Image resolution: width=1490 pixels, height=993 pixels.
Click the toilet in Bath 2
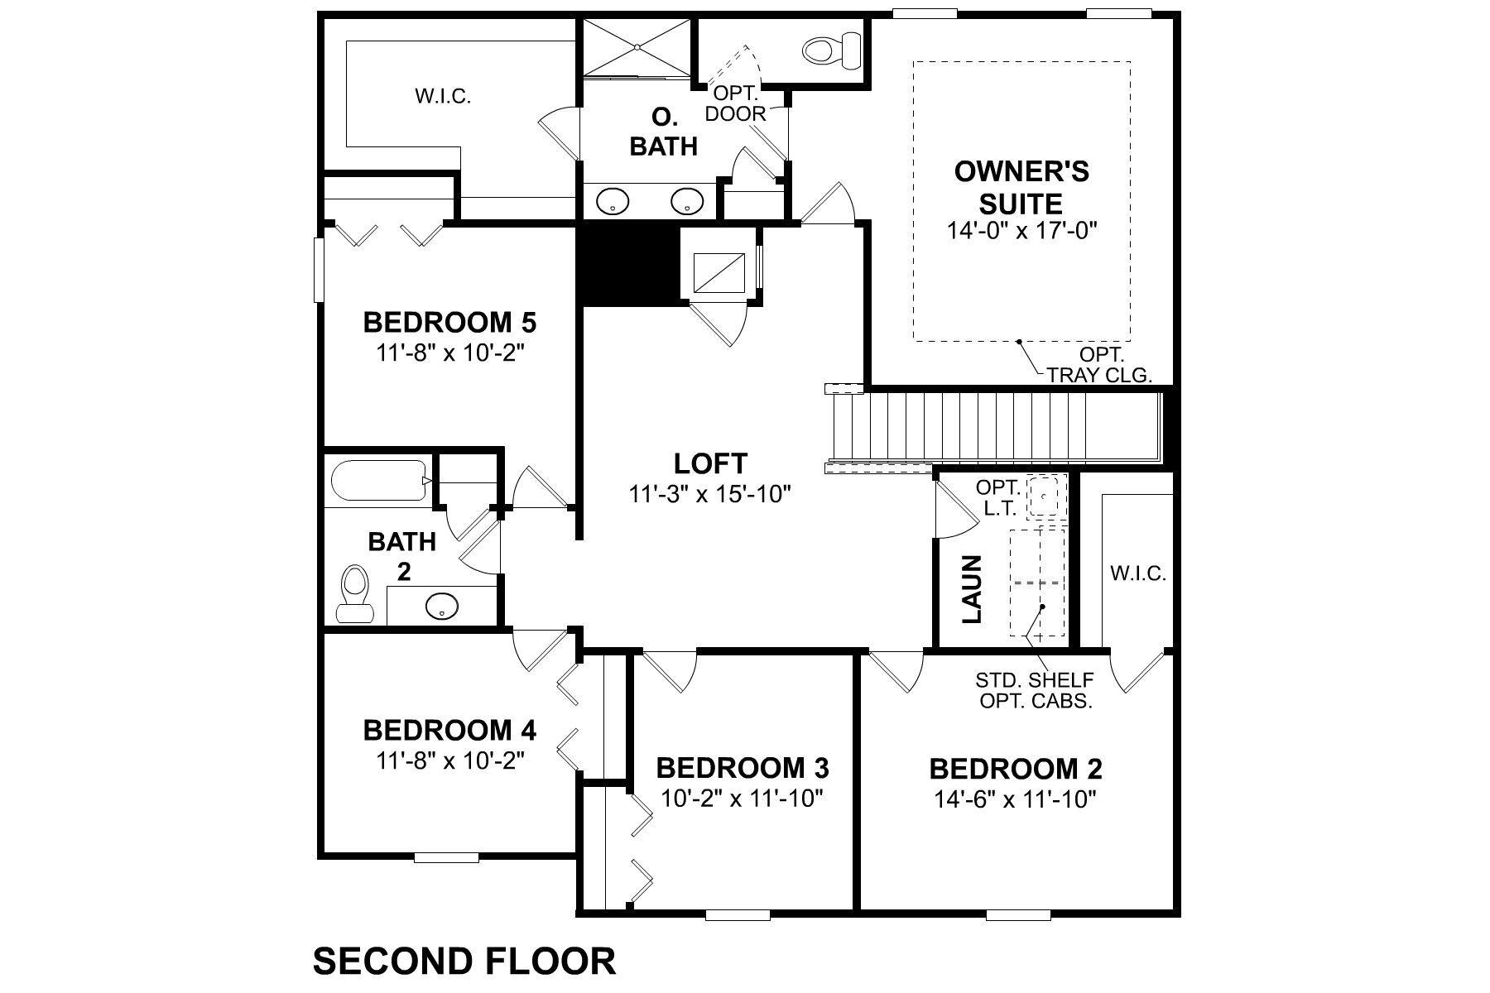[x=354, y=593]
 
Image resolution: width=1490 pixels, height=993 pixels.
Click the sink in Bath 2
[x=442, y=606]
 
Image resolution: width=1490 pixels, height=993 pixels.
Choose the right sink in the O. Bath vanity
[x=687, y=200]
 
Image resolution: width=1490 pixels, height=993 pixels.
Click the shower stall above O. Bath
[x=637, y=48]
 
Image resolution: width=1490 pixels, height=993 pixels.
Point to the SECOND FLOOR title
[x=464, y=962]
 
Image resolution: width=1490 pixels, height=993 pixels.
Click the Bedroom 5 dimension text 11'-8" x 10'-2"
[x=451, y=353]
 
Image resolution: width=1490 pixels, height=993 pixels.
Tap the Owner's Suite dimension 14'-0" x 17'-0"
[x=1021, y=231]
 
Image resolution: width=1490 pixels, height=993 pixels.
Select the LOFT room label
[x=710, y=463]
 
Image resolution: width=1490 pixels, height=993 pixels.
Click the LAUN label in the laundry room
[x=972, y=588]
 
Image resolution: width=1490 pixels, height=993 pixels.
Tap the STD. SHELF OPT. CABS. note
[x=1035, y=691]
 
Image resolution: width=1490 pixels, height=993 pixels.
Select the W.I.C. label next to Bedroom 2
[x=1138, y=573]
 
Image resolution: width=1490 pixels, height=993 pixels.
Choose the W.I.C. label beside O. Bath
[x=443, y=97]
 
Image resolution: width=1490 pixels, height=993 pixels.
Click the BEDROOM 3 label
[x=743, y=768]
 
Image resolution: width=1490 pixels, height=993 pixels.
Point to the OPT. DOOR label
[x=736, y=103]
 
